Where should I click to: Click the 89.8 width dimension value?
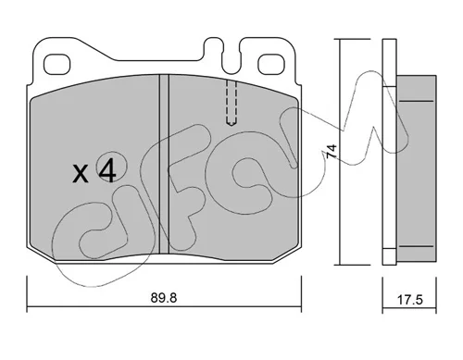point(164,298)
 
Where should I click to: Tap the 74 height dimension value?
point(332,152)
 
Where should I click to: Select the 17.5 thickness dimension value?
point(409,300)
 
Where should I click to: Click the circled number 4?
point(107,171)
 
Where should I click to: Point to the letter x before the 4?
point(81,174)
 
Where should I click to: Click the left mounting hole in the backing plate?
point(56,65)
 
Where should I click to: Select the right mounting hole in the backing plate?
point(270,65)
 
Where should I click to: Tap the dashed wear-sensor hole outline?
point(231,103)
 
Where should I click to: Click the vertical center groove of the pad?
point(164,165)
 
